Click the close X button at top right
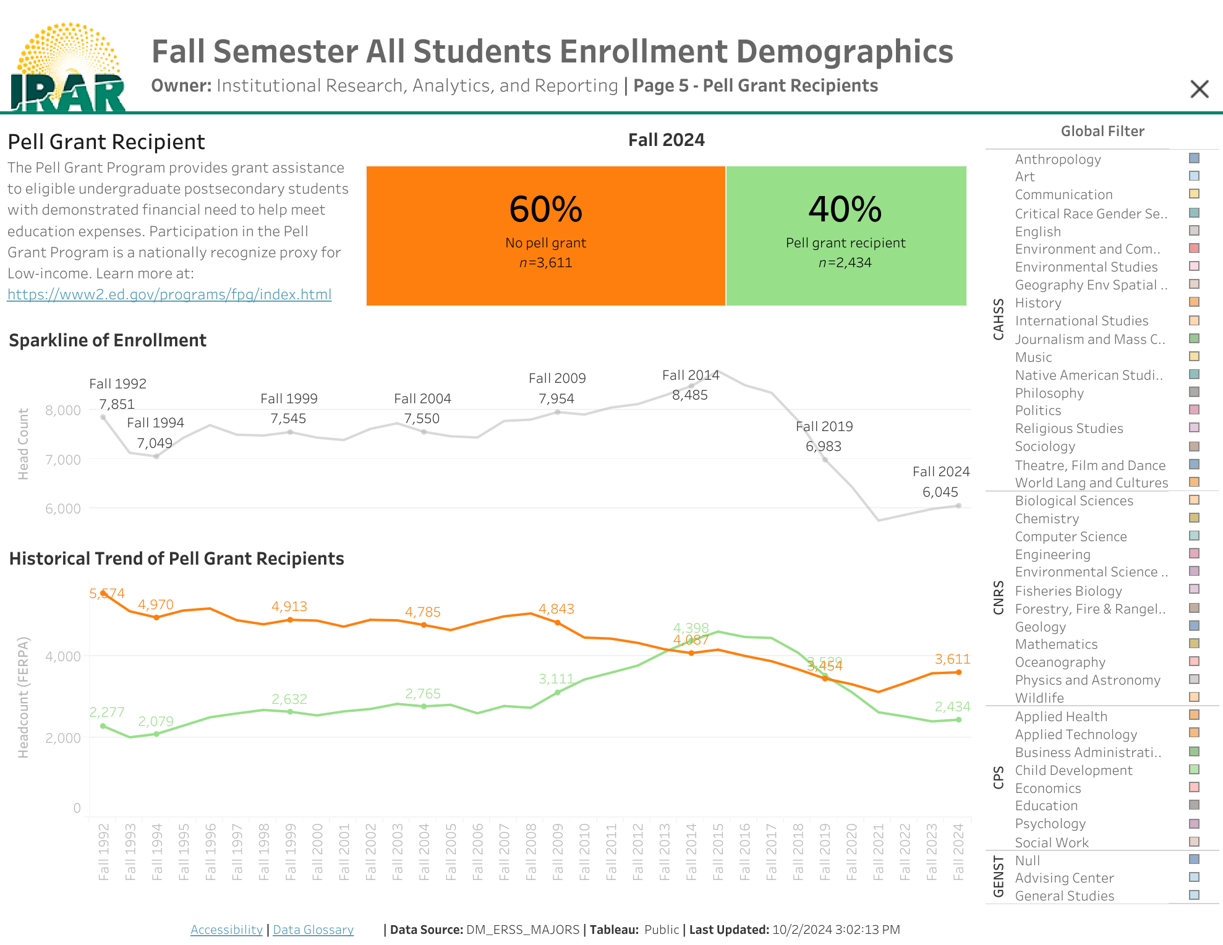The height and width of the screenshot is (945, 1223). point(1199,89)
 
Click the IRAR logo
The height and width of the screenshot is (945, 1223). point(68,68)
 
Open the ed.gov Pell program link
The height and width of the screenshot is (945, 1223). point(169,294)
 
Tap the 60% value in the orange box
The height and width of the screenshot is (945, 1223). point(545,209)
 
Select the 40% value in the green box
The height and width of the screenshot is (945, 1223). point(845,209)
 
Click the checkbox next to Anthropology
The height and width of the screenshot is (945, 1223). point(1194,158)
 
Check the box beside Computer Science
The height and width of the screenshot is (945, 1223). point(1194,536)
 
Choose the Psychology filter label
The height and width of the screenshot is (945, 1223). point(1050,824)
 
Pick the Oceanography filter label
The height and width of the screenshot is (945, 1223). point(1060,662)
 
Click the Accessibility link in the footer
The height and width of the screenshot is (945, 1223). point(226,930)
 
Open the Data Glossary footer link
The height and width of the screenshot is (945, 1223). point(313,930)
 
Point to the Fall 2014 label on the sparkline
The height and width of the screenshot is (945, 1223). point(690,375)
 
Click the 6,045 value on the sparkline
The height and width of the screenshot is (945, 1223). point(940,492)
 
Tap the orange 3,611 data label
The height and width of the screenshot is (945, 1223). point(952,659)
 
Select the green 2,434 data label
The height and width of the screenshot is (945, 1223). point(952,707)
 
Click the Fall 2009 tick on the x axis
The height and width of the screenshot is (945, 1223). point(557,852)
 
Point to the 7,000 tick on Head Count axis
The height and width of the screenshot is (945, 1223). point(63,460)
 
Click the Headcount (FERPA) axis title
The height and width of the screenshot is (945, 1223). point(23,697)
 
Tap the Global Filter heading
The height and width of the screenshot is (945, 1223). point(1102,131)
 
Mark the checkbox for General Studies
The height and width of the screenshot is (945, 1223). point(1194,895)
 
